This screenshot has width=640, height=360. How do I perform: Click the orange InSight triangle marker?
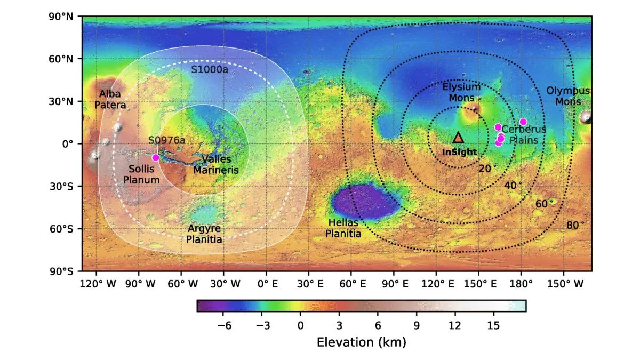458,138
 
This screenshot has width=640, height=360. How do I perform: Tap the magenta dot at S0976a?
156,157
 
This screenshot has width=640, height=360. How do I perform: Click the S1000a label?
210,70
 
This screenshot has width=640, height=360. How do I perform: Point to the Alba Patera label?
110,99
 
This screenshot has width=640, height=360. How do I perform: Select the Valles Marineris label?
215,165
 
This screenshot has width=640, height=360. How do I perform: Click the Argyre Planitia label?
204,234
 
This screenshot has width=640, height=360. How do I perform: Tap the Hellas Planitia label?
343,228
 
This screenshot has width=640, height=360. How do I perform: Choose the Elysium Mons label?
461,92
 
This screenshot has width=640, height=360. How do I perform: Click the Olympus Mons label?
568,96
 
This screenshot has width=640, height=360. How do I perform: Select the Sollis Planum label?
141,174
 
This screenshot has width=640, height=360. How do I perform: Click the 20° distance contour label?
487,169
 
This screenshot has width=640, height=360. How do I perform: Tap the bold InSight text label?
459,152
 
